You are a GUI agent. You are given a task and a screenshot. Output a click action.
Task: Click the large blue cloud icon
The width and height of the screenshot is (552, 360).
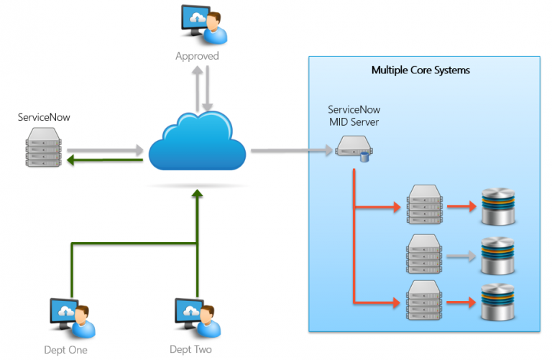[198, 144]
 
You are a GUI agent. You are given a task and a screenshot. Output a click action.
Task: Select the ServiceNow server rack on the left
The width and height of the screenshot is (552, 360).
[42, 147]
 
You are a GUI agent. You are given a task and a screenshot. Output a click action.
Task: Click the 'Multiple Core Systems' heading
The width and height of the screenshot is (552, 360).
[420, 70]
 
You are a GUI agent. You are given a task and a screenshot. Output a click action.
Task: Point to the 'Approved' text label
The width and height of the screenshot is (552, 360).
[197, 55]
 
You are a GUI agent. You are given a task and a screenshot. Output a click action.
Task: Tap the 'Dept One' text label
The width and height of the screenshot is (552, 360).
[66, 350]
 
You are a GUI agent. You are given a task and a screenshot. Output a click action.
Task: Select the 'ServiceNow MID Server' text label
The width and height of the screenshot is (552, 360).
[354, 116]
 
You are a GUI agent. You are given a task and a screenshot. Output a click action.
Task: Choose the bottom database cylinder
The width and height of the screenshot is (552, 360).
[499, 302]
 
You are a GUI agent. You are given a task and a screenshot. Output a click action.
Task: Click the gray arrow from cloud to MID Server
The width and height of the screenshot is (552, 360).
[292, 151]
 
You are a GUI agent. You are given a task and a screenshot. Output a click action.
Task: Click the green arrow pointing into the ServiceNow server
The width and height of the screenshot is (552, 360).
[104, 161]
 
